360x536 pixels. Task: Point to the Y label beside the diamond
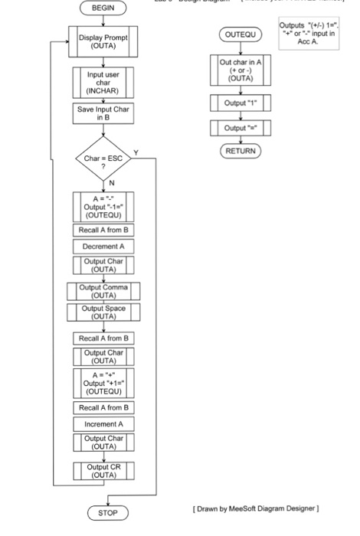coord(136,153)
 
